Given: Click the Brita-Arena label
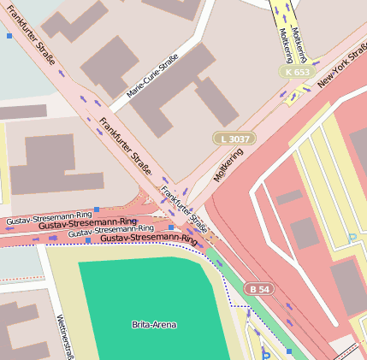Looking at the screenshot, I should coord(149,325).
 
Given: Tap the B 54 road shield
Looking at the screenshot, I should coord(259,289).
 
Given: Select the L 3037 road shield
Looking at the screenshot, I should coord(234,138).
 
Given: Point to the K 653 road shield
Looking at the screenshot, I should coord(298,72).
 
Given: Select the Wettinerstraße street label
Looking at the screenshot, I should coord(61,335).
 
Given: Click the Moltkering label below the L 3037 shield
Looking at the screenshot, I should coord(228,163).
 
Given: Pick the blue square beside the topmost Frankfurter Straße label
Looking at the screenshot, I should coord(9,36).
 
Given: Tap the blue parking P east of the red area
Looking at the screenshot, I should coord(352,238).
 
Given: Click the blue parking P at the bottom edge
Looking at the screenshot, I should coord(265,355).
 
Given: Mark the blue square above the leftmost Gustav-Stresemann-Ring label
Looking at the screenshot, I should coord(97,209).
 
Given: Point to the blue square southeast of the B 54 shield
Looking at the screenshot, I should coord(289,351).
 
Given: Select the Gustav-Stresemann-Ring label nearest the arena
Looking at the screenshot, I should coord(148,239).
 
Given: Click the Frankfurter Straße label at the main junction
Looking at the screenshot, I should coord(186,210).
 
